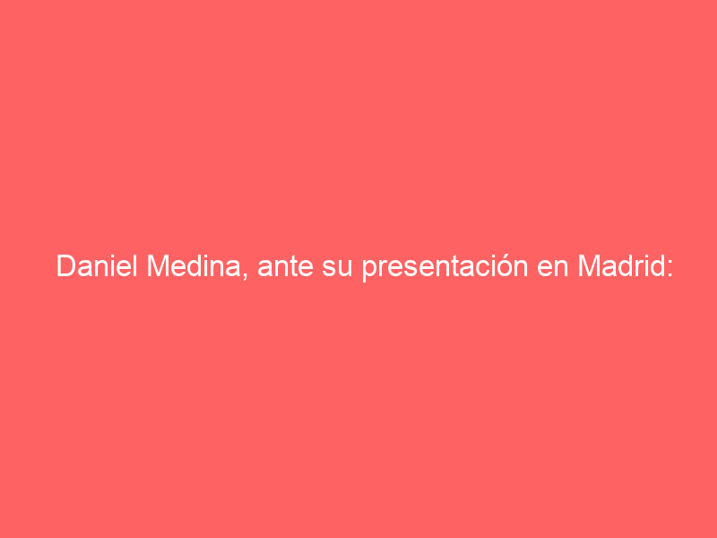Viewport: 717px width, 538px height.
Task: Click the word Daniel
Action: click(97, 265)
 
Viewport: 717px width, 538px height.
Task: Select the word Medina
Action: click(194, 265)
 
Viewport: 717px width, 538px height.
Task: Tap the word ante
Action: click(286, 267)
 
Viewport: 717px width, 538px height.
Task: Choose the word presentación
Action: click(445, 267)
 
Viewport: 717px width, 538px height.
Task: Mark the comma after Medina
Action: click(244, 275)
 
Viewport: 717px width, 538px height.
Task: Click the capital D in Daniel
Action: click(65, 265)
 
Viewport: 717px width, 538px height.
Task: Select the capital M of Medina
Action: click(158, 265)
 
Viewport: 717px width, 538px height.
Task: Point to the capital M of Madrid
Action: click(590, 265)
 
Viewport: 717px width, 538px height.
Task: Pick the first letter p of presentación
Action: click(369, 271)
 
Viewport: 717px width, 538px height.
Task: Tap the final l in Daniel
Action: click(135, 265)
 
